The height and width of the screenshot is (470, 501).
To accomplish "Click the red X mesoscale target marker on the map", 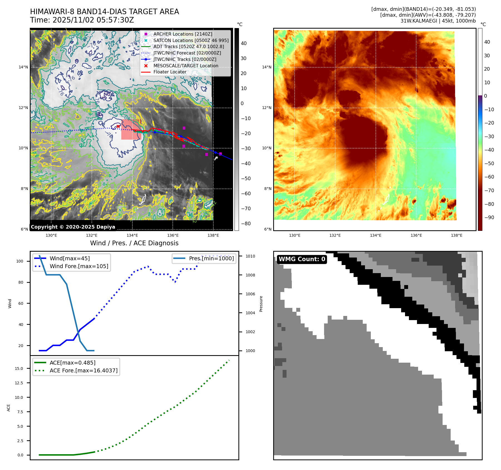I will click(118, 126).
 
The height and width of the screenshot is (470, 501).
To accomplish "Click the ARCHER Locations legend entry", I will click(182, 34).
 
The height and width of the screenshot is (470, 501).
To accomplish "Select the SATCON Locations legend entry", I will click(191, 40).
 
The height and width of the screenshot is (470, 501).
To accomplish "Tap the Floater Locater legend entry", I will click(170, 72).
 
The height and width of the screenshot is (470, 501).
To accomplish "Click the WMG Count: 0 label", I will click(302, 259).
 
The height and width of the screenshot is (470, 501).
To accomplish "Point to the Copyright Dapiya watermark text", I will click(73, 227).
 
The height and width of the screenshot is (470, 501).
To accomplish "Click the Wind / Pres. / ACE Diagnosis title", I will click(134, 243).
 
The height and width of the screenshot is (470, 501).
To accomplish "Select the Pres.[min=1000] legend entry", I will click(211, 258).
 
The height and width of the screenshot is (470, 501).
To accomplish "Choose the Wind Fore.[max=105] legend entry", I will click(79, 266).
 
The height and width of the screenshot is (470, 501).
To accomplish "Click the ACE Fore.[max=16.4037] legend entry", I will click(83, 370).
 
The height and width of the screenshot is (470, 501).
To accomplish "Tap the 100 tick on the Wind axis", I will click(20, 261).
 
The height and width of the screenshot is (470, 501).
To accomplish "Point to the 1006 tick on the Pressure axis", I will click(250, 294).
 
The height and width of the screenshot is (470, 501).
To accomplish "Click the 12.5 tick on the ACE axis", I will click(19, 383).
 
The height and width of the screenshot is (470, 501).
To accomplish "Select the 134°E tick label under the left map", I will click(132, 235).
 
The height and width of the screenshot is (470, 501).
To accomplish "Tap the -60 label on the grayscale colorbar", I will click(246, 194).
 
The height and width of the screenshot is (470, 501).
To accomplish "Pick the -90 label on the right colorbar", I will click(489, 217).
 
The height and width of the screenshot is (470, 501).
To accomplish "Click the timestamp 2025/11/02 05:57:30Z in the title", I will click(93, 20).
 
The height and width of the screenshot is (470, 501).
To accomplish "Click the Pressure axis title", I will click(261, 304).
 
